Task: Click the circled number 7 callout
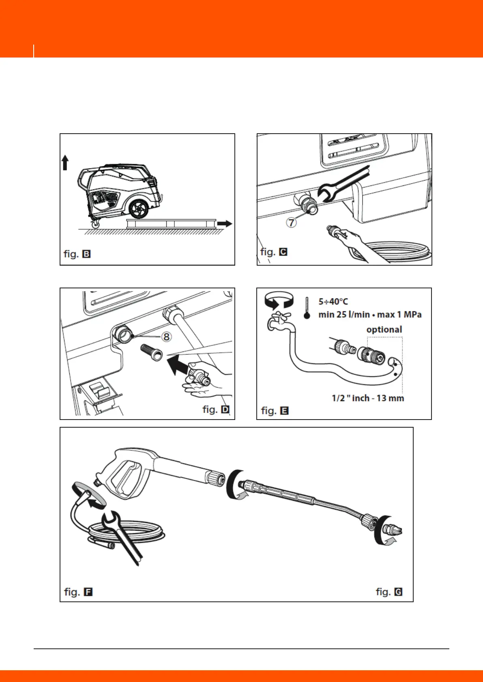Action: coord(292,222)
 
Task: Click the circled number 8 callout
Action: coord(166,337)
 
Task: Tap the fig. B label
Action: coord(77,254)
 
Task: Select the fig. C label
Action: coord(274,251)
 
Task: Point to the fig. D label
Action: coord(216,409)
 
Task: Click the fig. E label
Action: coord(275,411)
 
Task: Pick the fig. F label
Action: coord(78,592)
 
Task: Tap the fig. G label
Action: coord(389,592)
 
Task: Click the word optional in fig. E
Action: coord(384,330)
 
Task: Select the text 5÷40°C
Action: coord(333,302)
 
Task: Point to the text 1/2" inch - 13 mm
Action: coord(368,398)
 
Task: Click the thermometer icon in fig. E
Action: coord(307,308)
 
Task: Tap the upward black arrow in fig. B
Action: coord(65,163)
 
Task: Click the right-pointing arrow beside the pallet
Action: coord(225,223)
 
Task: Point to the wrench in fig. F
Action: coord(123,536)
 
